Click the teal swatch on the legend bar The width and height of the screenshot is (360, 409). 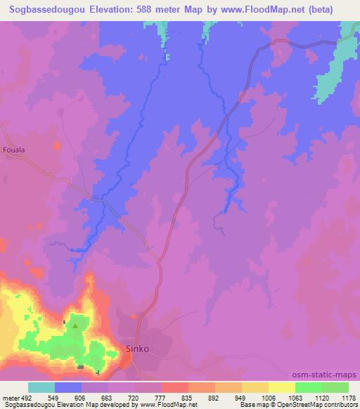pyautogui.click(x=41, y=387)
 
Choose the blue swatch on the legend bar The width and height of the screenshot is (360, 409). pyautogui.click(x=68, y=387)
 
